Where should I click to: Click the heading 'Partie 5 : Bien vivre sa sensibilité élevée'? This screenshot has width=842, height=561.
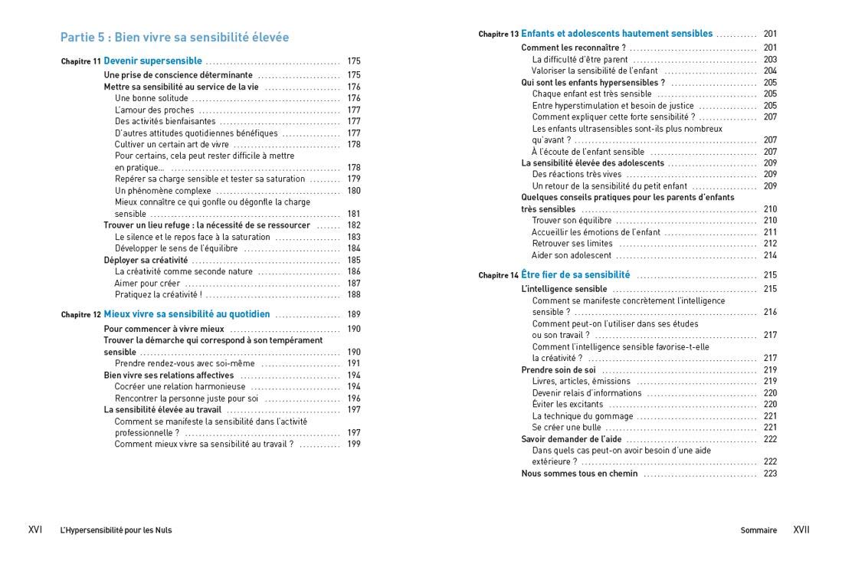pyautogui.click(x=175, y=37)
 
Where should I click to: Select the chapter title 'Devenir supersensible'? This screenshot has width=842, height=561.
pyautogui.click(x=153, y=61)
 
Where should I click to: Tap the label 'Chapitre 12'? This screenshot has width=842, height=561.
pyautogui.click(x=80, y=315)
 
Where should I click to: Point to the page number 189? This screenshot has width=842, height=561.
pyautogui.click(x=353, y=314)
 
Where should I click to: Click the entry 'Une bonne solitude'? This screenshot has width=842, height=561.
pyautogui.click(x=151, y=98)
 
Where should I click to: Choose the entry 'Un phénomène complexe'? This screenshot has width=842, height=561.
pyautogui.click(x=163, y=191)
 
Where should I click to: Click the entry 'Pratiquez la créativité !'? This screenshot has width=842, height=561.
pyautogui.click(x=159, y=294)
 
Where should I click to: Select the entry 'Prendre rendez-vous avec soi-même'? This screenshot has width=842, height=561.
pyautogui.click(x=185, y=363)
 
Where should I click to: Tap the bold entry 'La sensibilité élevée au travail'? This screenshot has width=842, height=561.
pyautogui.click(x=162, y=409)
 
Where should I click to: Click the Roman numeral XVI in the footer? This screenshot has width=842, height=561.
pyautogui.click(x=35, y=530)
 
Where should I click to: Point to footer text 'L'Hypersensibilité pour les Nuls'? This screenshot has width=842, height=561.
pyautogui.click(x=116, y=530)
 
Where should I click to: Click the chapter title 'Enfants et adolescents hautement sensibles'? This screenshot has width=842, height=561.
pyautogui.click(x=617, y=34)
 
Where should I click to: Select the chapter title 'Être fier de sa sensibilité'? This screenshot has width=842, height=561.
pyautogui.click(x=575, y=274)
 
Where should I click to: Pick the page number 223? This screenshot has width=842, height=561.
pyautogui.click(x=770, y=474)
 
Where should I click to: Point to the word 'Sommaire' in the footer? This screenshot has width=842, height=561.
pyautogui.click(x=758, y=530)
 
